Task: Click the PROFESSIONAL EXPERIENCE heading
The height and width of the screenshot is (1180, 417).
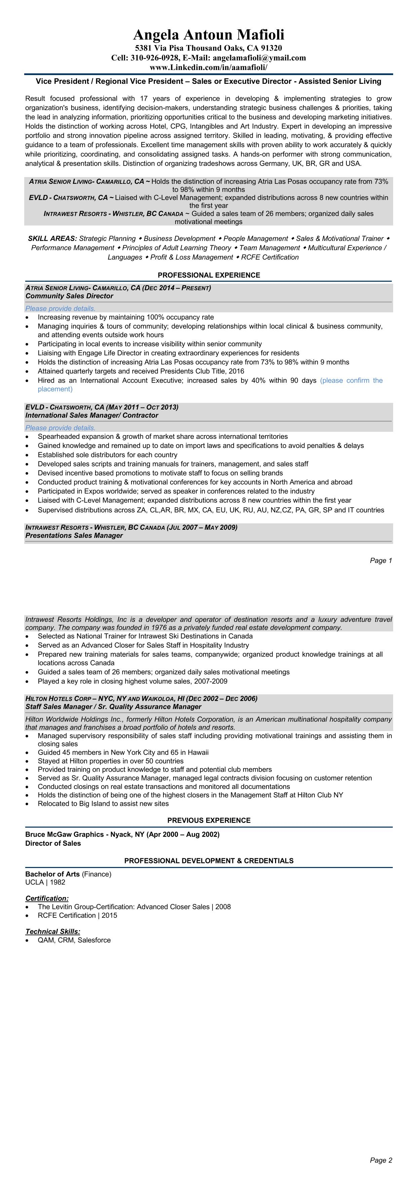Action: click(209, 275)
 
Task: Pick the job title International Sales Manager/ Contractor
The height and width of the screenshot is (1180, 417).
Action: click(91, 415)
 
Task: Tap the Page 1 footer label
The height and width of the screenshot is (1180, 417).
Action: click(381, 561)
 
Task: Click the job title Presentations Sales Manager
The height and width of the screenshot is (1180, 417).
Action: click(74, 535)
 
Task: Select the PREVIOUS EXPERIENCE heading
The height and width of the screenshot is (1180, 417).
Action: click(209, 821)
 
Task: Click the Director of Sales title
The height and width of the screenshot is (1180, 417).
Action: click(53, 843)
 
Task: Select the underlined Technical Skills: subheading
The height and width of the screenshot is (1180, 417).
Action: click(53, 931)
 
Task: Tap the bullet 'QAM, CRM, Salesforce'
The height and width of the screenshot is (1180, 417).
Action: click(74, 940)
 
